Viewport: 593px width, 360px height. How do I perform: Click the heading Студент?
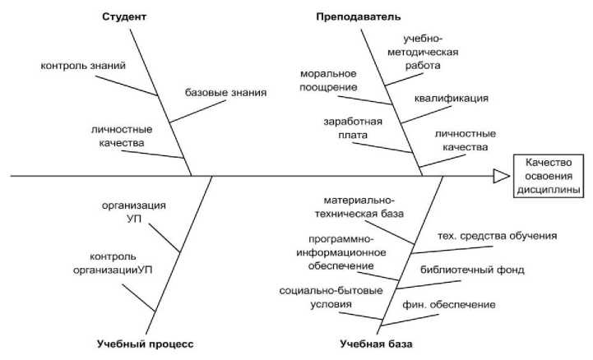click(x=124, y=16)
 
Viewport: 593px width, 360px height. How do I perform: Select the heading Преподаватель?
click(x=359, y=16)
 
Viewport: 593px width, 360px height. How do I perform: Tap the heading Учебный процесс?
click(x=145, y=343)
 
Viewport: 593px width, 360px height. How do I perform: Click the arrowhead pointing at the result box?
click(x=501, y=176)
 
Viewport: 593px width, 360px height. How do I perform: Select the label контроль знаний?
click(x=83, y=65)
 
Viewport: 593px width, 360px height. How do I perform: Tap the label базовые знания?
click(x=225, y=92)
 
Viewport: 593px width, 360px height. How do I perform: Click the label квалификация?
click(x=452, y=98)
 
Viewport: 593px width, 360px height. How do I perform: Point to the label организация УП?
click(x=135, y=212)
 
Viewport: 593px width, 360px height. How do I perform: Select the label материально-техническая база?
click(x=363, y=206)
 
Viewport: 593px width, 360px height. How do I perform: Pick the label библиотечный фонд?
click(x=472, y=269)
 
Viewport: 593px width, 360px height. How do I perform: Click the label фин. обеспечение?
click(x=449, y=305)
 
